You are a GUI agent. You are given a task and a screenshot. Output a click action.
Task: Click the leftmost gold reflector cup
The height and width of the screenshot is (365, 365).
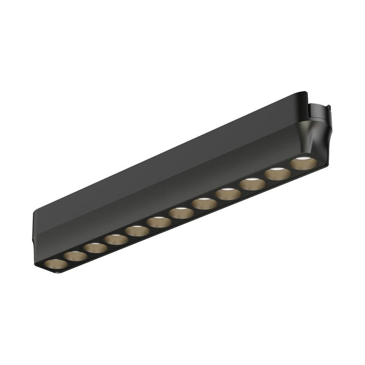[x=55, y=264]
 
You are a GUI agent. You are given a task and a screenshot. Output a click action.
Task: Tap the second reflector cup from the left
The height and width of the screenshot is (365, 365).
[x=76, y=256]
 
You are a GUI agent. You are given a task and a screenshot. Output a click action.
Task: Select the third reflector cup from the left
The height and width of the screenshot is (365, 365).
[x=96, y=248]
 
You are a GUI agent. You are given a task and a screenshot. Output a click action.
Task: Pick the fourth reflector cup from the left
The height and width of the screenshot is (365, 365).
[x=117, y=239]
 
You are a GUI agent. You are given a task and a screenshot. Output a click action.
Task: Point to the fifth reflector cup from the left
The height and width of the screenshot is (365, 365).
[x=137, y=231]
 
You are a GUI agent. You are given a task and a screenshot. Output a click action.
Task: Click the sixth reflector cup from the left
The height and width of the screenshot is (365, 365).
[x=159, y=222]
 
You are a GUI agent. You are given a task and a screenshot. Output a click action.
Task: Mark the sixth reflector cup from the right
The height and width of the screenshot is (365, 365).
[x=181, y=213]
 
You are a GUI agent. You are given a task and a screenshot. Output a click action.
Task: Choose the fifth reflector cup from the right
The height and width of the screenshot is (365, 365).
[x=204, y=204]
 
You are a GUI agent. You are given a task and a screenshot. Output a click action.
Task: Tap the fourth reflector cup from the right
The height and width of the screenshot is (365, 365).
[x=228, y=194]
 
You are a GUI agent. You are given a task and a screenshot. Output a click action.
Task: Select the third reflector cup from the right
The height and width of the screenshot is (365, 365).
[x=252, y=184]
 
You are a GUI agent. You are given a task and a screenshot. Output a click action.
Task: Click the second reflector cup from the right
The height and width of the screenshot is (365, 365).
[x=277, y=174]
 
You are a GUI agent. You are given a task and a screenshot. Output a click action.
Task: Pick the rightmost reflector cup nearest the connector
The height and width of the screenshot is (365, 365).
[x=303, y=163]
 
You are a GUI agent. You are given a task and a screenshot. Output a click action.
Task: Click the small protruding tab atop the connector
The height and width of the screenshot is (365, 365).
[x=327, y=107]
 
